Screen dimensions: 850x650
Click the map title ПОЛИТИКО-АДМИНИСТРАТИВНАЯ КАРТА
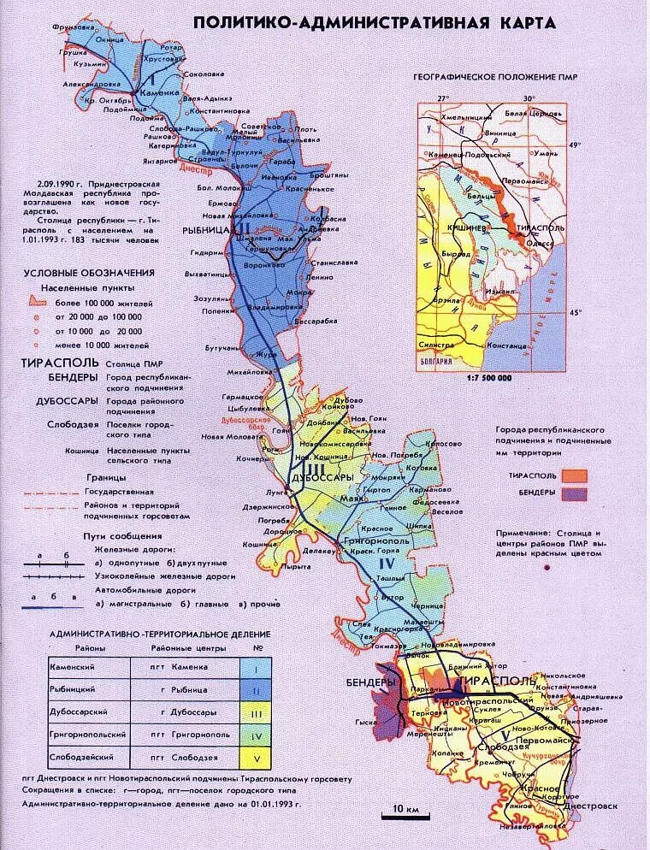[x=374, y=22]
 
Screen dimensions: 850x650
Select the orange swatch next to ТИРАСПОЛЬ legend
[x=575, y=475]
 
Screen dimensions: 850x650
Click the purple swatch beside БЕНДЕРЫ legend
[x=575, y=493]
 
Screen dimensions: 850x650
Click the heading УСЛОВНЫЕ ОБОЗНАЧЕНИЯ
[x=89, y=272]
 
